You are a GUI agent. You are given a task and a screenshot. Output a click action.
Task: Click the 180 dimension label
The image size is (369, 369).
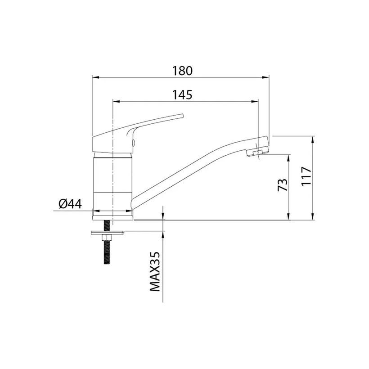point(182,71)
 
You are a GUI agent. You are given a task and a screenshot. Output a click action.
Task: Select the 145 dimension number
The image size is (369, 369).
point(182,95)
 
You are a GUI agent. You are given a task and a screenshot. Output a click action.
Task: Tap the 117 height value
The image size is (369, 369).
point(306,176)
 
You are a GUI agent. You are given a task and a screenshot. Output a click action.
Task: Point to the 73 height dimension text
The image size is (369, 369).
point(283,185)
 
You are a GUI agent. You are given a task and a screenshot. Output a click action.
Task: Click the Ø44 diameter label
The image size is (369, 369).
point(70,204)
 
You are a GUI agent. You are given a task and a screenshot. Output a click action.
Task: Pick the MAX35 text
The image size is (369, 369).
point(155,271)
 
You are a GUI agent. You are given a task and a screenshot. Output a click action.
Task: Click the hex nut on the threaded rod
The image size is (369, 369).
point(107,238)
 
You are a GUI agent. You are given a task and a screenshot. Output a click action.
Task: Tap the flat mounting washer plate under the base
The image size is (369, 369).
point(108,233)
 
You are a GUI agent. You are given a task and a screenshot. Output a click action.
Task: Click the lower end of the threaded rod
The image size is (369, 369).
point(107,263)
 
